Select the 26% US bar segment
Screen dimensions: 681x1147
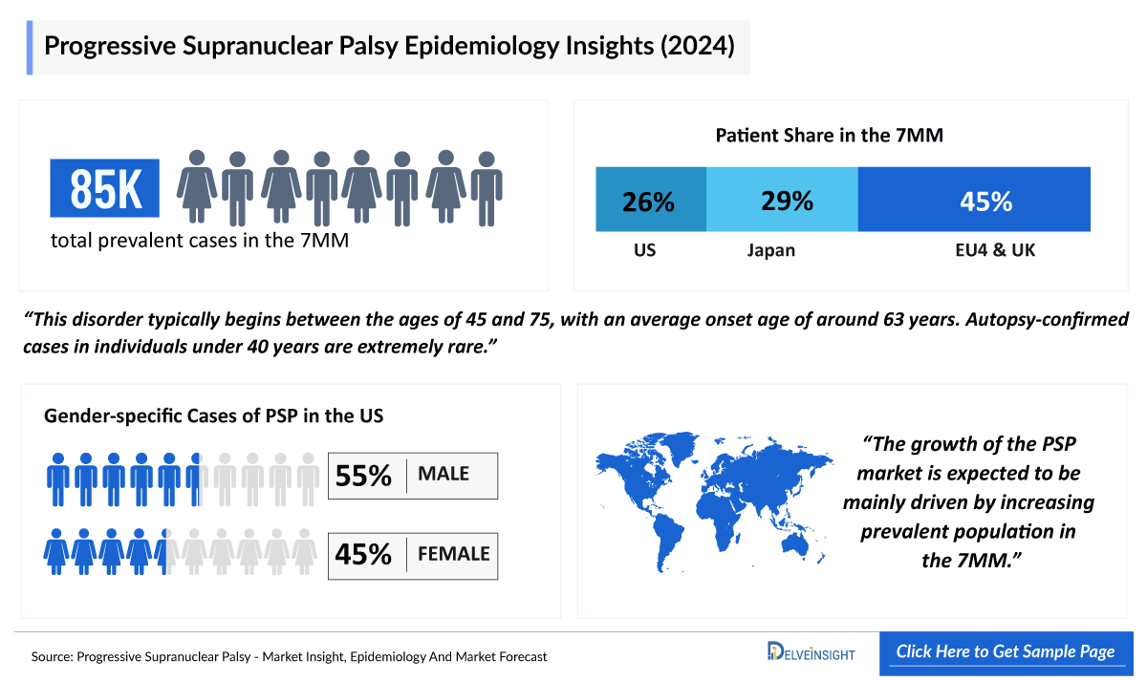[650, 200]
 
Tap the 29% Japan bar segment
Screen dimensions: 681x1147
[782, 200]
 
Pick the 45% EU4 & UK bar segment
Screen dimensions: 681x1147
[974, 200]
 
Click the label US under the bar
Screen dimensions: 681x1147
[644, 251]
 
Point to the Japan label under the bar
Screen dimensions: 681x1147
[770, 251]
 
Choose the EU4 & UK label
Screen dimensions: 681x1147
[987, 251]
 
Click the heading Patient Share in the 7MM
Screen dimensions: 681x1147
[829, 136]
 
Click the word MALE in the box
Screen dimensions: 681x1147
[443, 475]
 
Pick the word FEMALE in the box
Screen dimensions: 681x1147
[453, 554]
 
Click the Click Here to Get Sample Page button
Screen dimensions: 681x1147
[1005, 652]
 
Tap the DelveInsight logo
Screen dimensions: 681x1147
[811, 653]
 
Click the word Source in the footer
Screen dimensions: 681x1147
[52, 657]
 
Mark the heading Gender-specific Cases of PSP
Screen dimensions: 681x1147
[214, 415]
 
